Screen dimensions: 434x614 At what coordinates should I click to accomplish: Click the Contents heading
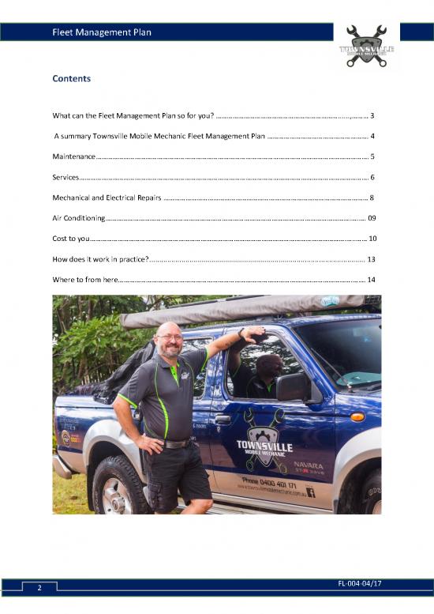(x=71, y=79)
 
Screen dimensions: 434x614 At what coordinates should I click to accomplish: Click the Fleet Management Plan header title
(x=101, y=32)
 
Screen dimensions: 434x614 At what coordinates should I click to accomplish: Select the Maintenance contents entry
(x=74, y=156)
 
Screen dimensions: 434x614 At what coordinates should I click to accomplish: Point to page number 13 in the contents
(x=371, y=258)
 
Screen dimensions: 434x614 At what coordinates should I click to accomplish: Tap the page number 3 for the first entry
(x=372, y=115)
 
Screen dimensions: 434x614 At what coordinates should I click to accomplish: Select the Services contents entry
(x=65, y=176)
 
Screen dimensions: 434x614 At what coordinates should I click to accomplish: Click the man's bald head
(x=168, y=330)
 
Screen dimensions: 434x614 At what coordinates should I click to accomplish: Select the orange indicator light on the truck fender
(x=357, y=417)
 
